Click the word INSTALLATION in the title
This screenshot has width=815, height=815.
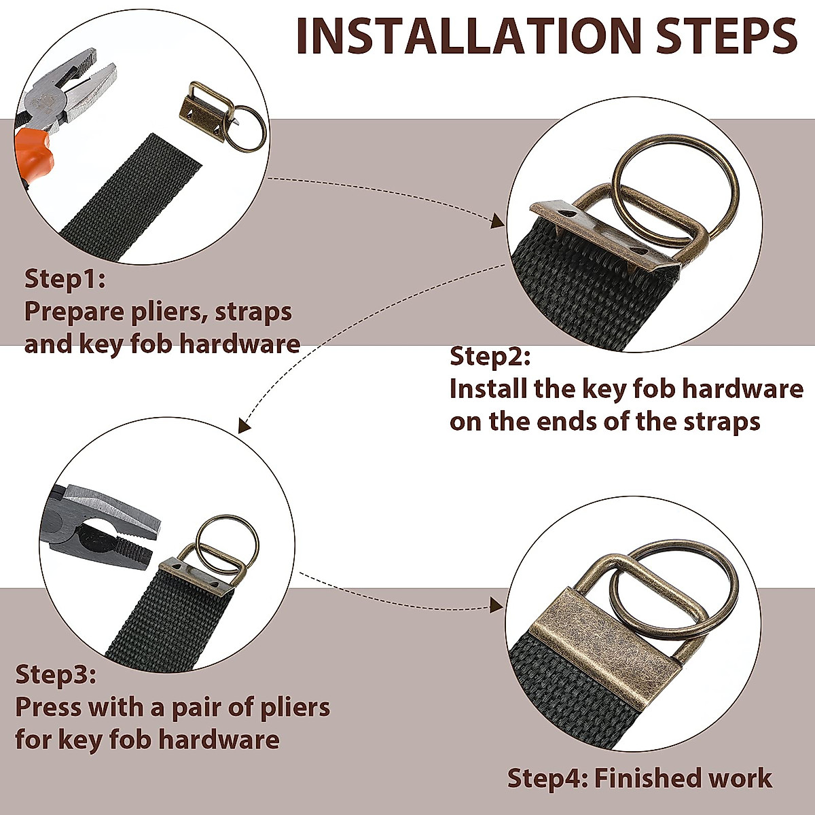point(469,37)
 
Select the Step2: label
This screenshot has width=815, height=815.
point(490,356)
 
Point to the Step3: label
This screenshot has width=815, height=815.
point(56,674)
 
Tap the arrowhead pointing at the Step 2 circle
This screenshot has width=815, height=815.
point(498,221)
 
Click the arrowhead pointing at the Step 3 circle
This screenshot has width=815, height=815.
point(244,425)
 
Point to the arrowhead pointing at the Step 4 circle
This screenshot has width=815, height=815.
point(496,606)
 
